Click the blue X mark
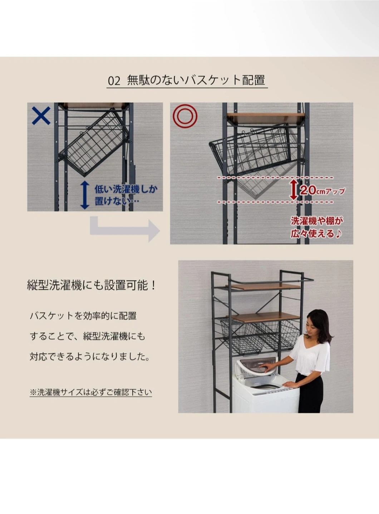[x=41, y=116]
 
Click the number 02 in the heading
[x=114, y=81]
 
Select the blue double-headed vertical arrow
[x=85, y=195]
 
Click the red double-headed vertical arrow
[x=294, y=190]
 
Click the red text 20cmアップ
[x=323, y=191]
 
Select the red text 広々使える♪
[x=316, y=234]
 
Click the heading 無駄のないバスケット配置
[x=196, y=80]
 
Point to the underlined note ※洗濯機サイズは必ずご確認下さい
[x=91, y=392]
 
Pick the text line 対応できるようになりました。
[x=90, y=357]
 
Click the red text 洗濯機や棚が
[x=317, y=221]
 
